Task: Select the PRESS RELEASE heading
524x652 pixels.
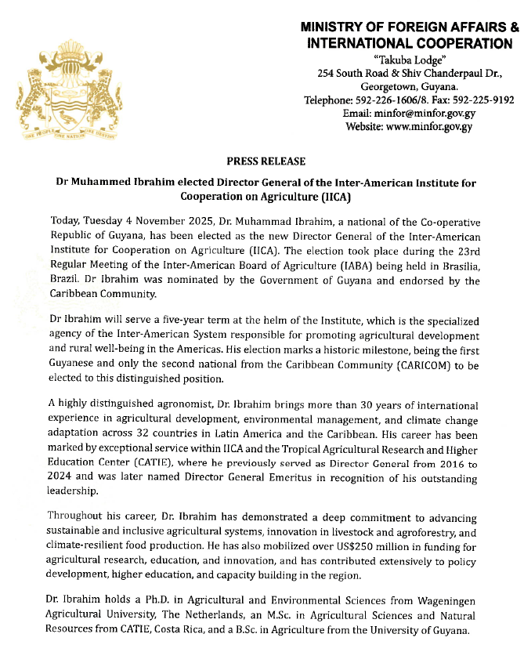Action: (x=266, y=161)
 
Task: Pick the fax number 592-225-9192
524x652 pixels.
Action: (x=483, y=100)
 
